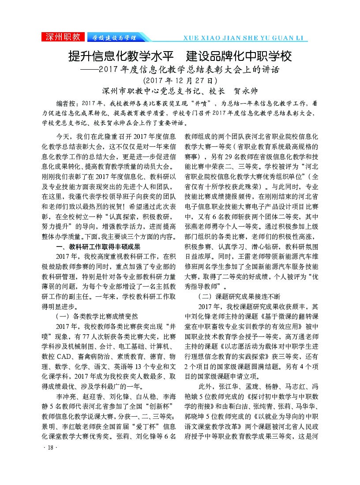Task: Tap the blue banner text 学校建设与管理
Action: click(112, 37)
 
